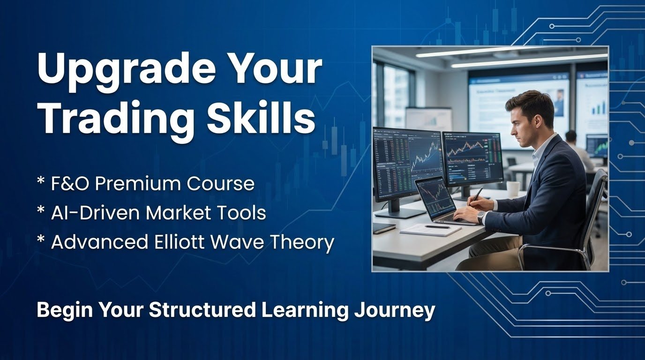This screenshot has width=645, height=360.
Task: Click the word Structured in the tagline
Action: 202,309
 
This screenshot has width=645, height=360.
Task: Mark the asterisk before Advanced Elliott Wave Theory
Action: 41,239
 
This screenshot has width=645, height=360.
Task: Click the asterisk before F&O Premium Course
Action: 41,180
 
